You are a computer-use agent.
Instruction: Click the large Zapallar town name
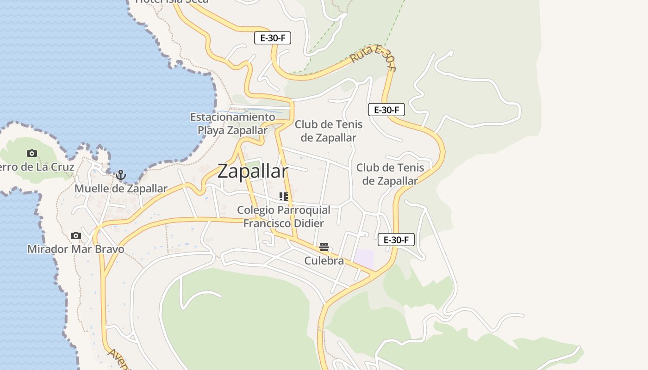coord(253,171)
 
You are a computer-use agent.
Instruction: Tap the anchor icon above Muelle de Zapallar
coord(121,175)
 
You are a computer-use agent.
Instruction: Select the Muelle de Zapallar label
coord(121,189)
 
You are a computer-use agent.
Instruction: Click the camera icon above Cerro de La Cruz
coord(32,153)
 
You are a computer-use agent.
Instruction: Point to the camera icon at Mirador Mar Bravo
coord(76,236)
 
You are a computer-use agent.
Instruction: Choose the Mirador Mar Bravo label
coord(76,249)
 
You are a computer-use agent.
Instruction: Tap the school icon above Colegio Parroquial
coord(284,197)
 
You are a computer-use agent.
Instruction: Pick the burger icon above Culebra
coord(324,247)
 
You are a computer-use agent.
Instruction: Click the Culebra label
coord(324,261)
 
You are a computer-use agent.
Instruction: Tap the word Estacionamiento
coord(233,117)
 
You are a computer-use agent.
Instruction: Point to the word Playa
coord(211,130)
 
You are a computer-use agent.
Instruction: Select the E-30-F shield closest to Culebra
coord(396,240)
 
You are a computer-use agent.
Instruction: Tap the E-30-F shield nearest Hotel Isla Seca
coord(273,38)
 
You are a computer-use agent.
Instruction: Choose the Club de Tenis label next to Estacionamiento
coord(329,131)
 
